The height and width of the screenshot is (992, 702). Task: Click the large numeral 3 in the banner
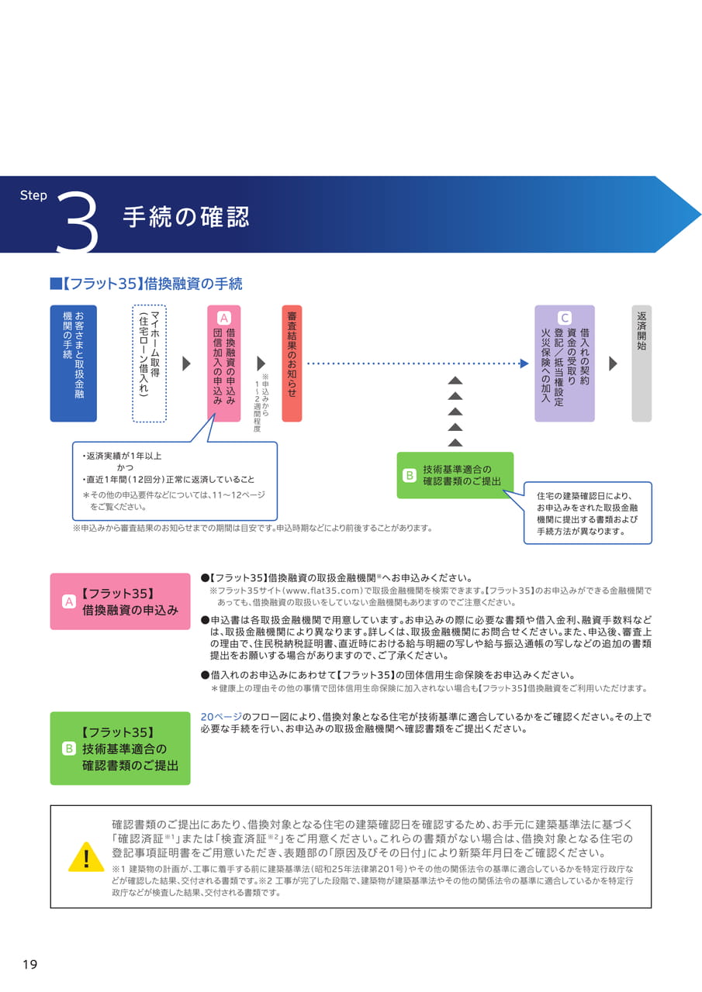tap(77, 222)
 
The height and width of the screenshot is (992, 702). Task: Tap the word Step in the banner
tap(33, 195)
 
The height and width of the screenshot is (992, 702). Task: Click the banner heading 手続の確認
tap(186, 216)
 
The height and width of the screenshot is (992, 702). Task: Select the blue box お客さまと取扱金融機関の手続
tap(73, 363)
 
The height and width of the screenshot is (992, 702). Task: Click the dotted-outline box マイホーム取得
tap(150, 363)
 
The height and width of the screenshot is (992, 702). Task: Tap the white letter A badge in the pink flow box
tap(224, 318)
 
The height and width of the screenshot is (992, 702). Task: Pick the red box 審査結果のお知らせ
tap(292, 363)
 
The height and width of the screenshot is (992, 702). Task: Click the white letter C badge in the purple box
tap(564, 318)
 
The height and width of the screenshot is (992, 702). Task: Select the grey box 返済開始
tap(641, 363)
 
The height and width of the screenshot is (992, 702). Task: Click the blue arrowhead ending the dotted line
tap(524, 363)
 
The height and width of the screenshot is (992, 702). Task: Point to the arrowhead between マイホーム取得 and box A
tap(187, 363)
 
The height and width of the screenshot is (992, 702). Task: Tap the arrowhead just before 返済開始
tap(613, 363)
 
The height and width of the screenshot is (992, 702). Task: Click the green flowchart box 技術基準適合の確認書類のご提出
tap(455, 475)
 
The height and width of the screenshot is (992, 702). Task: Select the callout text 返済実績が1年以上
tap(123, 456)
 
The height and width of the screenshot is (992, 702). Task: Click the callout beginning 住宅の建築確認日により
tap(588, 513)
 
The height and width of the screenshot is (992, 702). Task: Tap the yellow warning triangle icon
tap(86, 858)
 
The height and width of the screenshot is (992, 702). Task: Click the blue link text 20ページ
tap(221, 717)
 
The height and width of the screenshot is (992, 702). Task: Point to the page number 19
tap(30, 964)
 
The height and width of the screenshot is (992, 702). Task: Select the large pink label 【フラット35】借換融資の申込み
tap(120, 601)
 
